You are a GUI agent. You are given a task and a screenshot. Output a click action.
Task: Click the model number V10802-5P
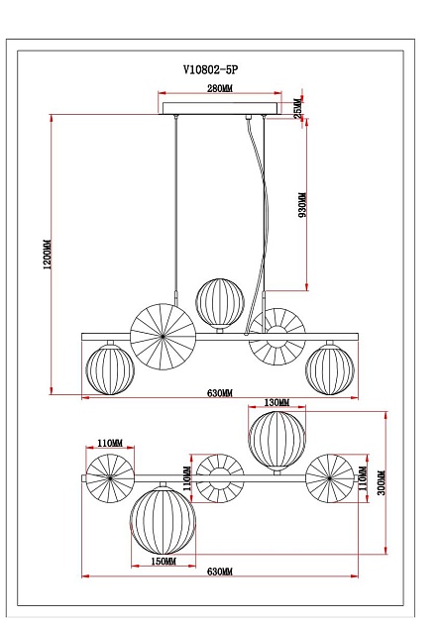[219, 70]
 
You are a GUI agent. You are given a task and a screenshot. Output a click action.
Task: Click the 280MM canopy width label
[219, 88]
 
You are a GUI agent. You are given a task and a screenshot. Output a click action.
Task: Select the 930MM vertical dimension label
[302, 204]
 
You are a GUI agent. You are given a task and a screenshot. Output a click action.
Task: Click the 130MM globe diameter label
[276, 403]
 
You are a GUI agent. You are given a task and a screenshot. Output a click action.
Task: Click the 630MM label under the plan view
[219, 573]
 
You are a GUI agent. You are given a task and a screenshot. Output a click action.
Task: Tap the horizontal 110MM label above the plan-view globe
[109, 443]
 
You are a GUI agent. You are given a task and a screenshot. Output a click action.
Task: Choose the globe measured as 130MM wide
[276, 440]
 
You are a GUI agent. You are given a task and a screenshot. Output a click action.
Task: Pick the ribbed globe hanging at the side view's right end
[330, 368]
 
